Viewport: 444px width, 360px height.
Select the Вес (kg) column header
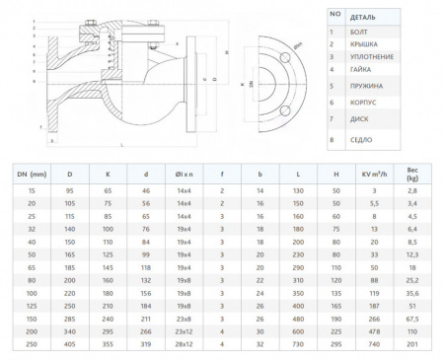click(411, 173)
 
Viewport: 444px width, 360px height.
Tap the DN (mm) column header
click(33, 173)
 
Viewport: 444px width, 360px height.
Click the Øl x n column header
click(184, 173)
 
